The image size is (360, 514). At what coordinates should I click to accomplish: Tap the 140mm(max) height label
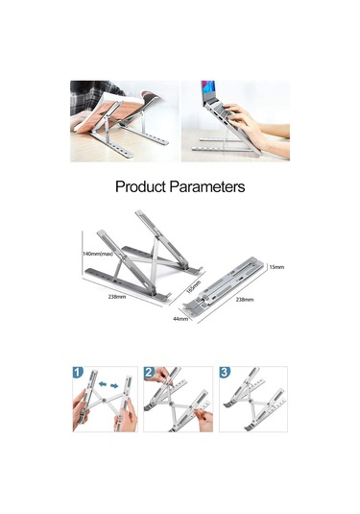click(x=97, y=254)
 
